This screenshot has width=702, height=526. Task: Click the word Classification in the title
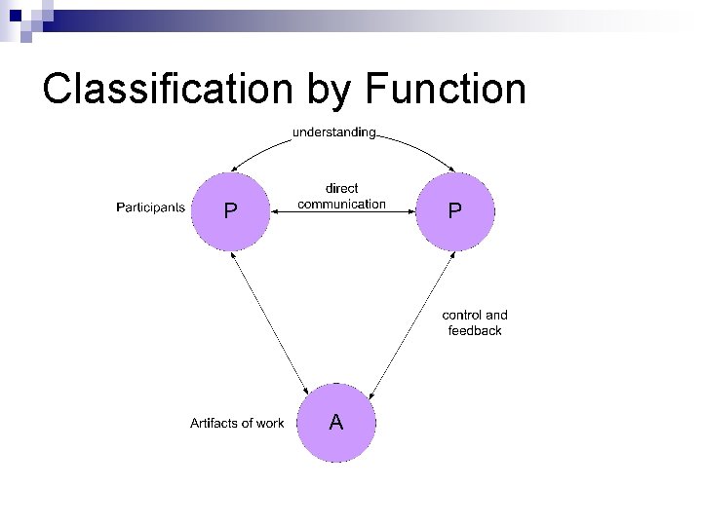167,89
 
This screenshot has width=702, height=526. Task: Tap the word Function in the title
446,89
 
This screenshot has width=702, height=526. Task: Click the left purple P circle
230,210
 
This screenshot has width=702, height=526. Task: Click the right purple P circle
455,210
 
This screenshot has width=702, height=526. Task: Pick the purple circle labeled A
335,423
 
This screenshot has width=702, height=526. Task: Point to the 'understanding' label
333,131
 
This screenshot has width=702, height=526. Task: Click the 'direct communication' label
341,196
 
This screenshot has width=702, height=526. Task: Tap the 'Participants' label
150,207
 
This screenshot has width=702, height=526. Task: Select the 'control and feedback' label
475,322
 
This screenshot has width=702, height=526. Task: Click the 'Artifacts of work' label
237,423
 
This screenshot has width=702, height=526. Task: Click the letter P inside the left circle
230,211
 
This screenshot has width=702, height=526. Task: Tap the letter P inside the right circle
455,211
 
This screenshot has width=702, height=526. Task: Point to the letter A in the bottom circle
335,423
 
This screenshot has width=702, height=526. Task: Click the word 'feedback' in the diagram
475,331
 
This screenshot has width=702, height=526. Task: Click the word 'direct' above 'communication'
341,188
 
